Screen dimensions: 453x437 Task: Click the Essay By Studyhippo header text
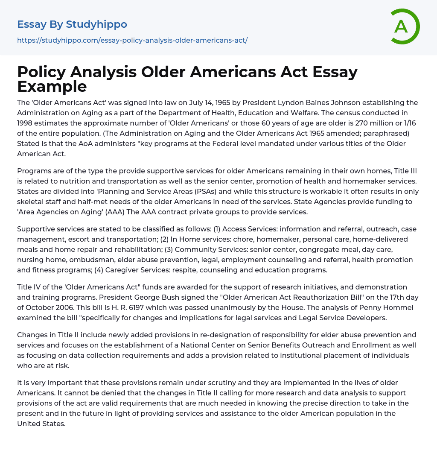tap(72, 24)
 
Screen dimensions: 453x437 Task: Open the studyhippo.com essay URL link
tap(132, 40)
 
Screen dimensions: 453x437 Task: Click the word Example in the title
tap(52, 86)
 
